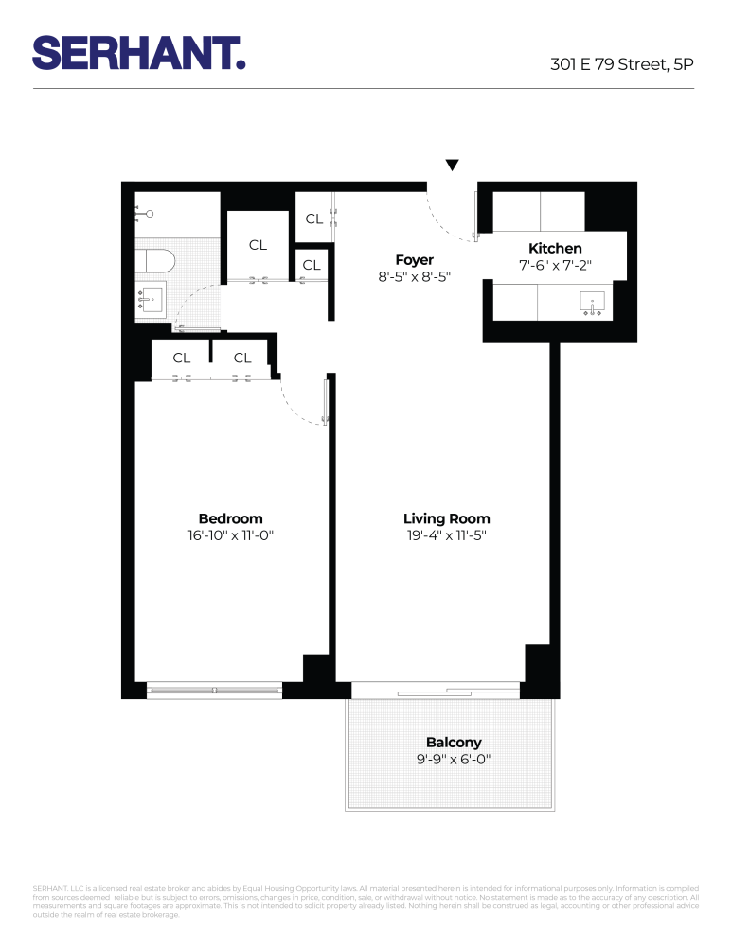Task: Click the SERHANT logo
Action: coord(139,52)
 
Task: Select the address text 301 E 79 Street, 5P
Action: coord(622,65)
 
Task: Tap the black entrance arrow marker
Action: coord(453,166)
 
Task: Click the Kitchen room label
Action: coord(555,249)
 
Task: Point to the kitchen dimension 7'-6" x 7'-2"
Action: coord(555,267)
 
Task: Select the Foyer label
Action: coord(415,260)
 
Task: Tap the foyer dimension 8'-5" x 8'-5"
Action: coord(415,278)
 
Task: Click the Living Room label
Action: coord(446,518)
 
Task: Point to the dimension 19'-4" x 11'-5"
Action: coord(446,536)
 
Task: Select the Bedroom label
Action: coord(230,518)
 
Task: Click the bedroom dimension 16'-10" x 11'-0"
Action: coord(230,536)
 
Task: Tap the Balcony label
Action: coord(454,743)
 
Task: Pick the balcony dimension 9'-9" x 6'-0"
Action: coord(454,760)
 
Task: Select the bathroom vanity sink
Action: coord(152,301)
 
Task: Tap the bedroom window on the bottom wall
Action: coord(215,692)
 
